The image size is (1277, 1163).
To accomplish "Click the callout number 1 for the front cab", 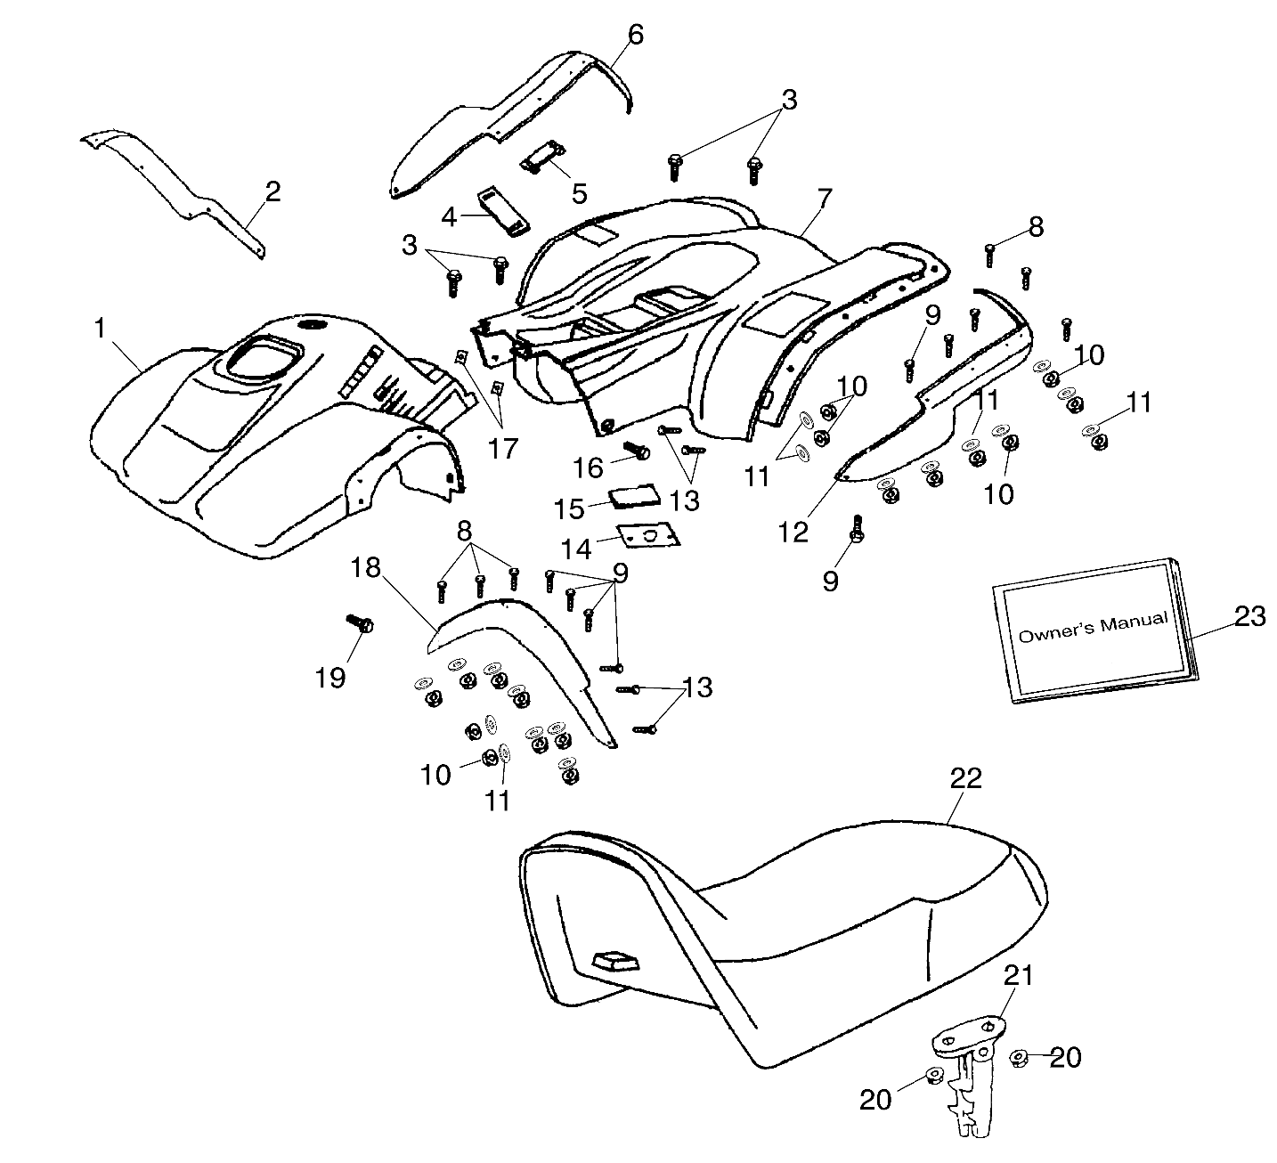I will click(100, 329).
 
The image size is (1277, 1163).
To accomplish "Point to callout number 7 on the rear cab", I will click(825, 198).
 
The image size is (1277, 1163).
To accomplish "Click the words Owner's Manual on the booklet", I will click(1093, 628).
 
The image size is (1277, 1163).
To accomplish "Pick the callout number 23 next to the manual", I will click(1249, 616).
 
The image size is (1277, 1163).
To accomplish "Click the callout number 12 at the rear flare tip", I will click(793, 532).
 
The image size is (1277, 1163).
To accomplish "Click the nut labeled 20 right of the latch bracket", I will click(1021, 1058).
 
